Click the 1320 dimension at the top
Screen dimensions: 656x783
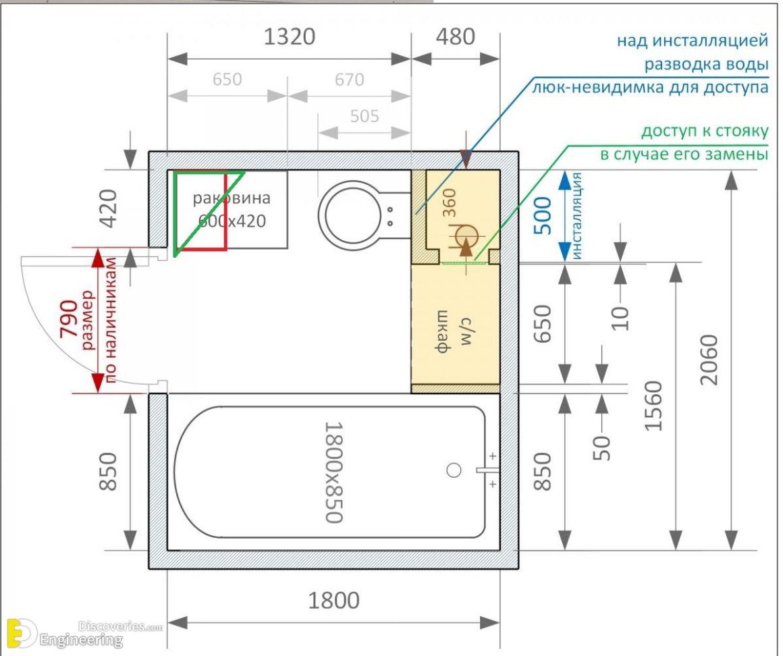(290, 37)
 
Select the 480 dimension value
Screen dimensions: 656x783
(456, 37)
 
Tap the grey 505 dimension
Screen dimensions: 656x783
(364, 116)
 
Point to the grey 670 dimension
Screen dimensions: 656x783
(348, 80)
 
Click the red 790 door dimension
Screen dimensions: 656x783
(68, 321)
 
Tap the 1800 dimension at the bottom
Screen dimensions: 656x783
(333, 599)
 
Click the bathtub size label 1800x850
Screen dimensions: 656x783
(333, 472)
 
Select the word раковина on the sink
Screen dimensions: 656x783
(232, 198)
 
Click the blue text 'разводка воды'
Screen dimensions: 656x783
(706, 65)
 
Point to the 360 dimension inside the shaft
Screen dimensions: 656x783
(450, 202)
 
